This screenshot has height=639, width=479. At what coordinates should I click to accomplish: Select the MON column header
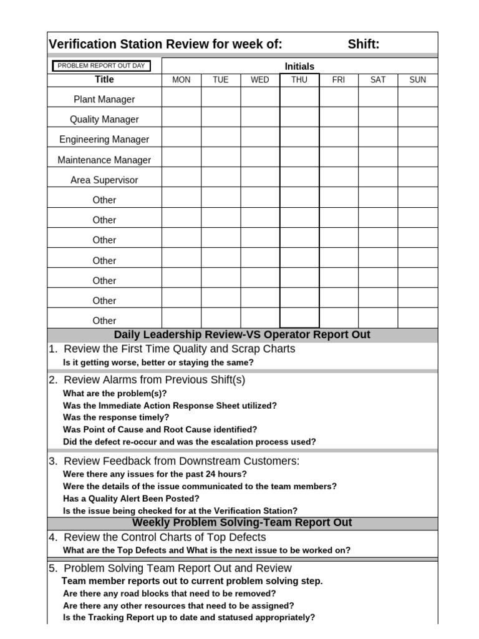coord(181,80)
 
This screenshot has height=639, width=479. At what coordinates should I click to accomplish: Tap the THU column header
coord(299,80)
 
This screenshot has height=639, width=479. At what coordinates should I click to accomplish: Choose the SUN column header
coord(418,80)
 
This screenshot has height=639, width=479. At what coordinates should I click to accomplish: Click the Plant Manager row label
coord(104,99)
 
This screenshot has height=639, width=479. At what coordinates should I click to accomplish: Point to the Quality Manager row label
coord(104,119)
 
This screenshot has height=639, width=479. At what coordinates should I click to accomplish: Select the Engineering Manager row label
coord(104,139)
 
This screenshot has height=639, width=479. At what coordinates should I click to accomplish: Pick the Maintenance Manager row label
coord(104,160)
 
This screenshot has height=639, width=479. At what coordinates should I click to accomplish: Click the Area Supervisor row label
coord(104,180)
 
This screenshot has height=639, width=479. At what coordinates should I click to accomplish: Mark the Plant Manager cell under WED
coord(260,98)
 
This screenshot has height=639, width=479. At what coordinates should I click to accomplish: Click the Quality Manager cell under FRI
coord(339,118)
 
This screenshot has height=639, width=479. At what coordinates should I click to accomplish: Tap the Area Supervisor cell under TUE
coord(221,178)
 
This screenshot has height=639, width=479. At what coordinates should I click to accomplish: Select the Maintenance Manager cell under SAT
coord(378,159)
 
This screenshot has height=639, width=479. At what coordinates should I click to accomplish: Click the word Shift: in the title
coord(364,44)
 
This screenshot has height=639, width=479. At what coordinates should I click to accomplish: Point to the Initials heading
coord(299,66)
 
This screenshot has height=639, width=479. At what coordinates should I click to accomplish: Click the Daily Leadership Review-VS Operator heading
coord(242,335)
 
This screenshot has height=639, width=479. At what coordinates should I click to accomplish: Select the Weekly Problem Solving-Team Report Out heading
coord(242,523)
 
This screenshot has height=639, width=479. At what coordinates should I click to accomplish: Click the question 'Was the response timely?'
coord(116,417)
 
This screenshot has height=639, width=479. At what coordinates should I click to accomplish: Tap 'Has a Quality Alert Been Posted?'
coord(131,499)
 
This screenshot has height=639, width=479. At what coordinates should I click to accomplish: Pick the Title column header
coord(104,80)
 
